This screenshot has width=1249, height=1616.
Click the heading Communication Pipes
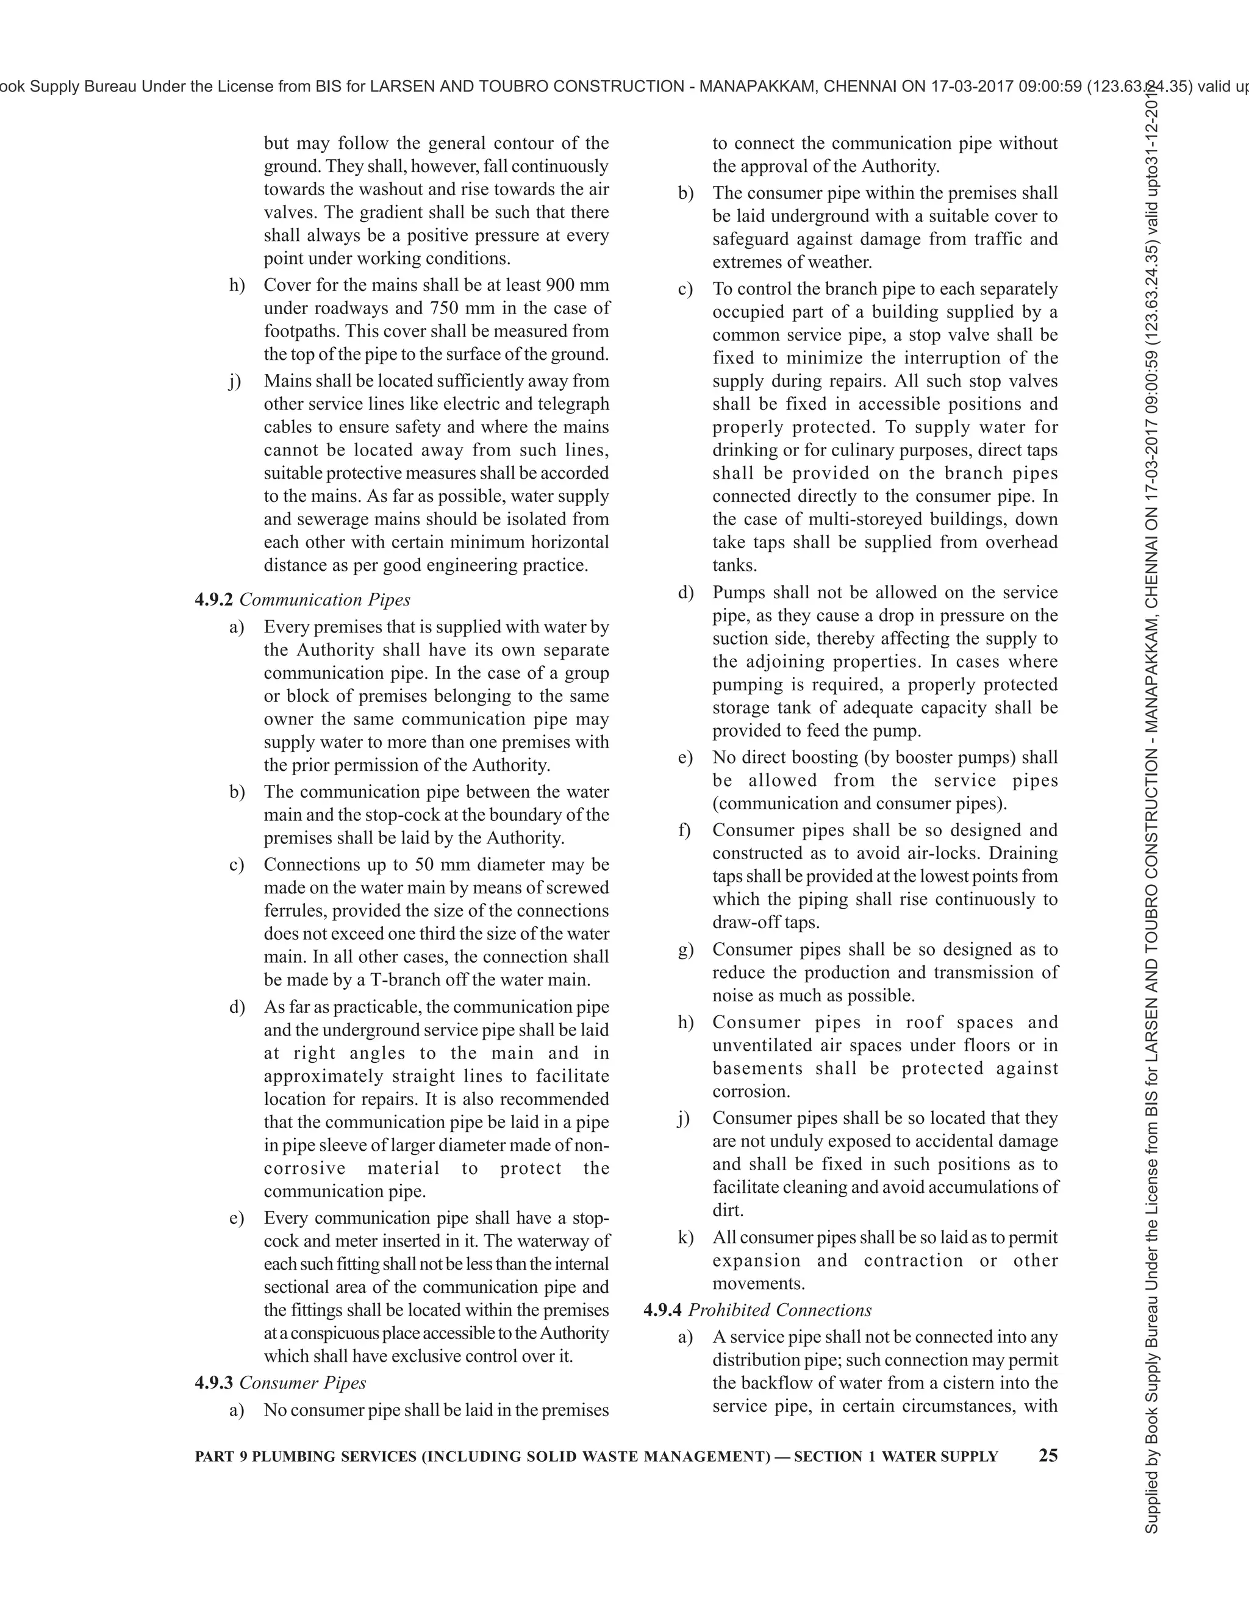click(x=325, y=599)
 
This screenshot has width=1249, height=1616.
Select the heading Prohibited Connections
click(x=780, y=1310)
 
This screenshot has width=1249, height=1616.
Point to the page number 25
click(x=1048, y=1456)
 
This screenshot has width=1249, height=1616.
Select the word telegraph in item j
click(x=573, y=403)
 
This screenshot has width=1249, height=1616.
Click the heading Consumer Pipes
click(x=302, y=1382)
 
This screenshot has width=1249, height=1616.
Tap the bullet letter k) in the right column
click(x=685, y=1237)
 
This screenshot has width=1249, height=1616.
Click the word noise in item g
click(x=734, y=995)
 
